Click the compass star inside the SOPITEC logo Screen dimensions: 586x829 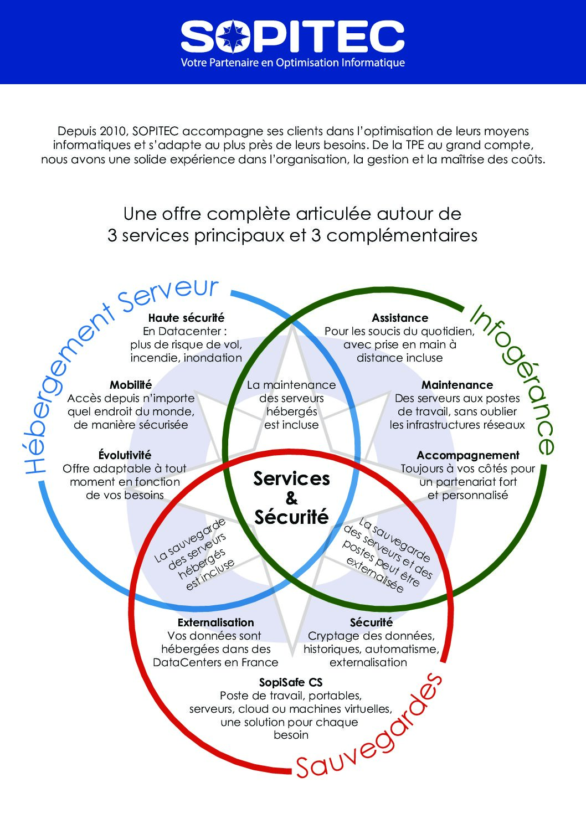[x=233, y=36]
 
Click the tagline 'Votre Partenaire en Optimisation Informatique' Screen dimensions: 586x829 [x=293, y=63]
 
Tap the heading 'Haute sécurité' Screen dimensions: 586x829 [x=186, y=317]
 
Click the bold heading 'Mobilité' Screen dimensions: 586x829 [x=131, y=385]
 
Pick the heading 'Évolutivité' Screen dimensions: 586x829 [x=125, y=455]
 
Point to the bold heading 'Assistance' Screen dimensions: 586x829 [x=400, y=317]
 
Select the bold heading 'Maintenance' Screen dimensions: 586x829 [x=457, y=385]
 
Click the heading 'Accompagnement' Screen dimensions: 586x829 [x=468, y=455]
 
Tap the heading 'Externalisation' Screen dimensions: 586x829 [x=216, y=622]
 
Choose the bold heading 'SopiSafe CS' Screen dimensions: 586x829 [x=291, y=682]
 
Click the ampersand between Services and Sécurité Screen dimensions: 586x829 [x=291, y=498]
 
